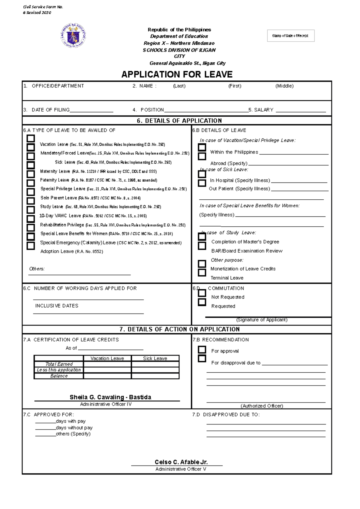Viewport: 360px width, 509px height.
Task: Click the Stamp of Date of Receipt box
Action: [290, 36]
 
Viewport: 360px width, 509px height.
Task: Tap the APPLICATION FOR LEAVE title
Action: [177, 74]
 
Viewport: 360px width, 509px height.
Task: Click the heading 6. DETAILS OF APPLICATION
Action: [179, 121]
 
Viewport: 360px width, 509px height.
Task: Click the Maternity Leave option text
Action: [55, 171]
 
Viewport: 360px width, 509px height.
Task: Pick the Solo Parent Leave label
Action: [59, 198]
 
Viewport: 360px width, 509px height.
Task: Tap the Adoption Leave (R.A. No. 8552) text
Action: [72, 252]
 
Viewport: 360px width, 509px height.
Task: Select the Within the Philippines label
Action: [234, 152]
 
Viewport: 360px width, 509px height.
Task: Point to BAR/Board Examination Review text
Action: [247, 251]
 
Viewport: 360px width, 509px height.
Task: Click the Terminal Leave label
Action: [227, 278]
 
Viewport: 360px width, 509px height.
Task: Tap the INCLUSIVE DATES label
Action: [57, 306]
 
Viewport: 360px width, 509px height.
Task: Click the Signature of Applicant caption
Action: [262, 320]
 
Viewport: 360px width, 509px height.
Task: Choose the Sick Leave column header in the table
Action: [155, 358]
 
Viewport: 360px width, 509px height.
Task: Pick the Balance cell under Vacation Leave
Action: [107, 376]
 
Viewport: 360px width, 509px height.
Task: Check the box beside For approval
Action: [202, 350]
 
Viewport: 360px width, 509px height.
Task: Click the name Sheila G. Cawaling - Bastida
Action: [110, 397]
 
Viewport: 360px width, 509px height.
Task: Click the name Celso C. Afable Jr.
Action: [181, 462]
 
